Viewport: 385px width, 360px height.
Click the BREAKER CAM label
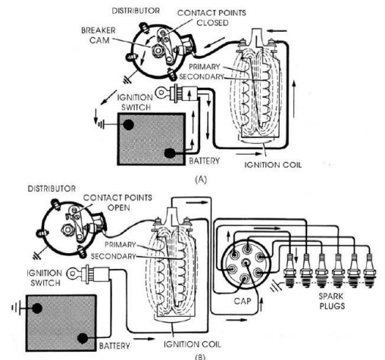pos(99,36)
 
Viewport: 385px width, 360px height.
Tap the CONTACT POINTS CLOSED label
pos(211,17)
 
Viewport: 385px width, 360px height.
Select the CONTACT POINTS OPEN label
pos(117,202)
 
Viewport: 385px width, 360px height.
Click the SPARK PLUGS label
pos(332,301)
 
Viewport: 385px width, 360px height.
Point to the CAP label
pos(243,301)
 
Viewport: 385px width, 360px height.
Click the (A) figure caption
pos(201,180)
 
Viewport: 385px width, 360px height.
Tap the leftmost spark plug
pos(290,271)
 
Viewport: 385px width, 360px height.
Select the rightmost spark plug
pos(370,271)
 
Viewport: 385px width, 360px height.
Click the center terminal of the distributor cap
pos(246,263)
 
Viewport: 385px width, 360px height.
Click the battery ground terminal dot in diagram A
pos(128,124)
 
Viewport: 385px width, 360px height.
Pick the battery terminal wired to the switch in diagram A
pos(170,153)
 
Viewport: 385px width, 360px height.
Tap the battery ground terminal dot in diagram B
pos(37,308)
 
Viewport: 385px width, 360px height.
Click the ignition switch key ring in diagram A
pos(161,92)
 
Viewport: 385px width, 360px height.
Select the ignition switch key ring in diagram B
pos(73,274)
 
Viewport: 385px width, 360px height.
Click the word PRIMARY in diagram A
pos(205,67)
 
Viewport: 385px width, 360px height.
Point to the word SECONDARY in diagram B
pos(113,256)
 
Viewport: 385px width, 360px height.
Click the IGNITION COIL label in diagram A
pos(273,165)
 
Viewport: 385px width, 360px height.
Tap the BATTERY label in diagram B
pos(114,346)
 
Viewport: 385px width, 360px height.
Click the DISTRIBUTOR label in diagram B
pos(52,189)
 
